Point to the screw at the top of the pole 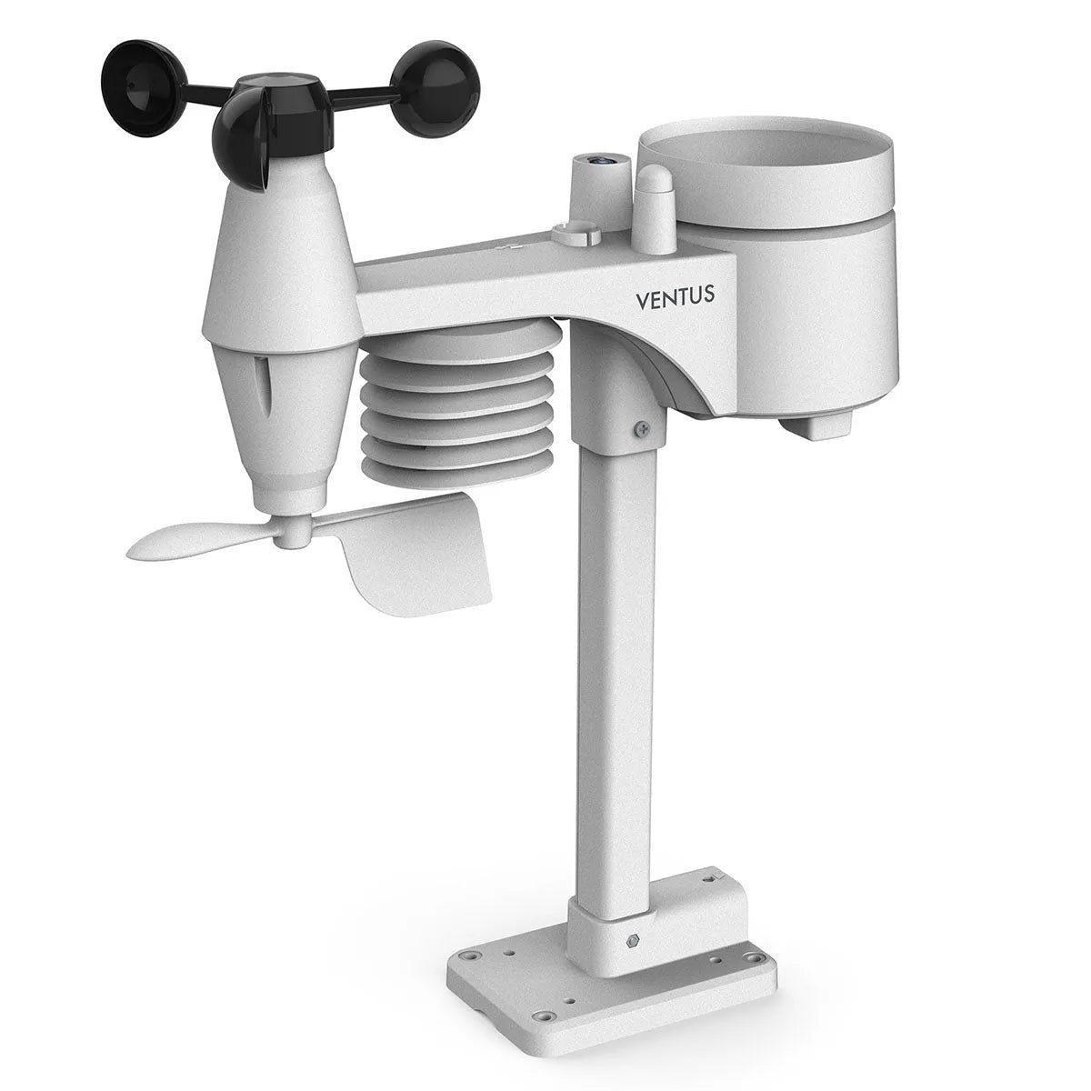pos(643,424)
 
